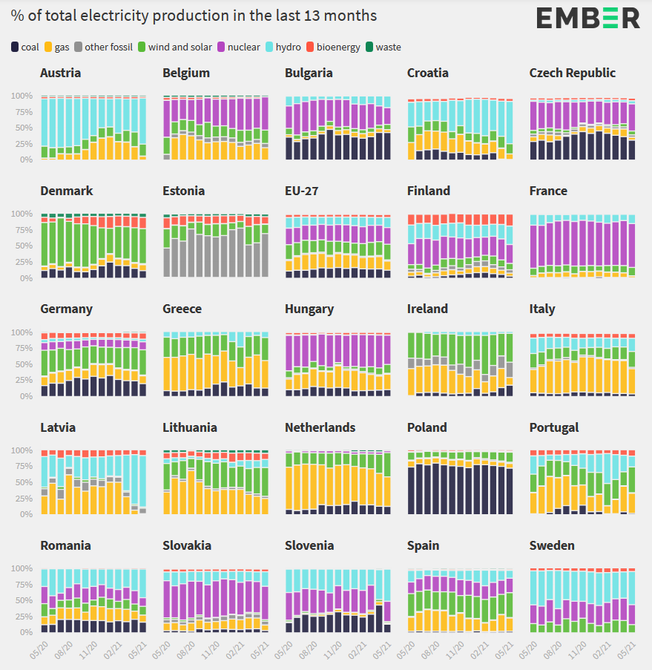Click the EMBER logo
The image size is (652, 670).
pyautogui.click(x=588, y=17)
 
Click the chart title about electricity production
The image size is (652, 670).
pyautogui.click(x=194, y=16)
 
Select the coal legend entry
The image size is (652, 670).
pyautogui.click(x=26, y=47)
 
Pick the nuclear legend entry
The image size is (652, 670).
pyautogui.click(x=238, y=47)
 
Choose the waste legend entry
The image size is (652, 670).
pyautogui.click(x=383, y=47)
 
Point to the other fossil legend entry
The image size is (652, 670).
pyautogui.click(x=102, y=47)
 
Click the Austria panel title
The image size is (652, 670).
pyautogui.click(x=61, y=73)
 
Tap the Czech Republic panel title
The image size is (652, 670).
pyautogui.click(x=573, y=73)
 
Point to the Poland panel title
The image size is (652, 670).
pyautogui.click(x=427, y=427)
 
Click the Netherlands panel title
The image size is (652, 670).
pyautogui.click(x=320, y=427)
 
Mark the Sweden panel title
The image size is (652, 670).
pyautogui.click(x=552, y=545)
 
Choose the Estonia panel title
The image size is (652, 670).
pyautogui.click(x=184, y=191)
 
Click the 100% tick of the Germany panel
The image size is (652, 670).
pyautogui.click(x=22, y=332)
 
